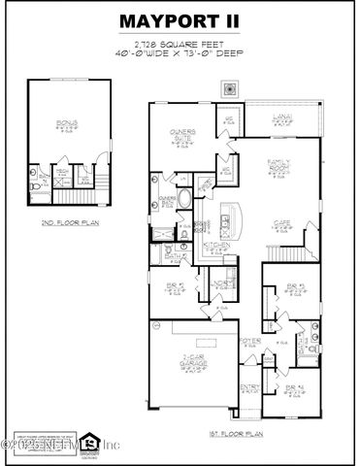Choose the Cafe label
(280, 225)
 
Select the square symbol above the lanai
(229, 90)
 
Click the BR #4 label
(293, 388)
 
